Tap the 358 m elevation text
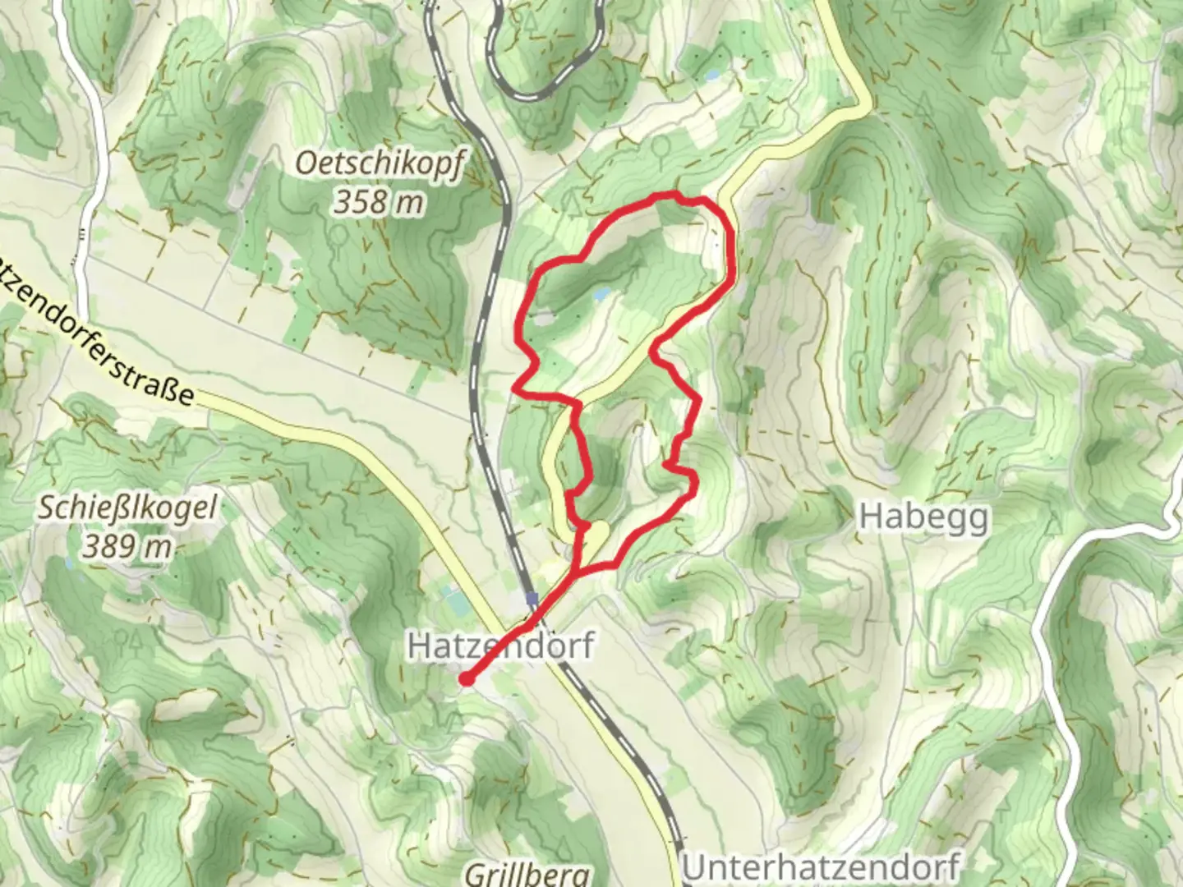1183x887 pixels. (379, 201)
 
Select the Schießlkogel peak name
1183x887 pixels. (128, 508)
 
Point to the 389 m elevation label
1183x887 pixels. (127, 545)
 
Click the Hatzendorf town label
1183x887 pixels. (500, 646)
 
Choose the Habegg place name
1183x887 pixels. (923, 517)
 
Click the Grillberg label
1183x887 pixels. (527, 874)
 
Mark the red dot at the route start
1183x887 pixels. (466, 678)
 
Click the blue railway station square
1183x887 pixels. (532, 599)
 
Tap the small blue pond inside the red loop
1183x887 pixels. (603, 292)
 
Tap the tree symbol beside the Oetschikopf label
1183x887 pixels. (338, 236)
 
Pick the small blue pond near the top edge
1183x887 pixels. (711, 75)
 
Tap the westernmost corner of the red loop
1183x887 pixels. (515, 385)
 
